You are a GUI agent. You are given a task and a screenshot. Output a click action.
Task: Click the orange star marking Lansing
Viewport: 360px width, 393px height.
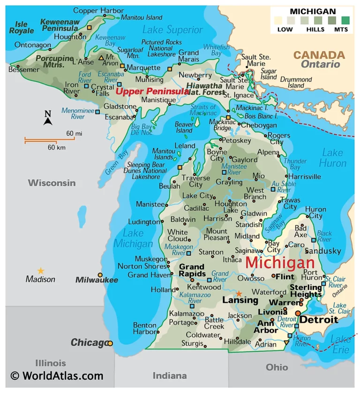[239, 293]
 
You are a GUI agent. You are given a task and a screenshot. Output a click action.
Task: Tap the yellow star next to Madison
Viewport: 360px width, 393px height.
[41, 270]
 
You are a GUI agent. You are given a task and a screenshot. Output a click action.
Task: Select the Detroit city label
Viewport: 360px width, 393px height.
[318, 320]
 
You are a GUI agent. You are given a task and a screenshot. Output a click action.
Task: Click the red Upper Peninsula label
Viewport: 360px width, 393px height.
[152, 91]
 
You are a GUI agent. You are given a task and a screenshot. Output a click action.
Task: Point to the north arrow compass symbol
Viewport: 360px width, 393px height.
[48, 118]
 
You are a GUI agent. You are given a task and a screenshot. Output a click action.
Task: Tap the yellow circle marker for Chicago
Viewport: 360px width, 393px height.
[110, 343]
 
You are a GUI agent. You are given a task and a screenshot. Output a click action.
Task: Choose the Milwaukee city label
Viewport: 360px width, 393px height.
[97, 280]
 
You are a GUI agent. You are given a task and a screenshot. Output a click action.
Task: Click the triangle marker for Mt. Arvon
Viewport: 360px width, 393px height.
[101, 58]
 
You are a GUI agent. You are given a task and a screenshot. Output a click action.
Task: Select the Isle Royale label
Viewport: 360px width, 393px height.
[22, 27]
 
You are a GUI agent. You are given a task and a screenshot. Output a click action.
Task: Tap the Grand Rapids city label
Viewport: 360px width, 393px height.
[192, 270]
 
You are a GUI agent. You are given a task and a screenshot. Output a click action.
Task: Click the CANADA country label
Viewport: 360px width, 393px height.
[319, 55]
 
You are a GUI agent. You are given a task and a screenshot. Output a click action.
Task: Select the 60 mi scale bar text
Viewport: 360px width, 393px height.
[74, 133]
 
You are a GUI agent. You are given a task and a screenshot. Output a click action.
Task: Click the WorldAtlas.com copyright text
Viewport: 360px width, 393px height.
[57, 376]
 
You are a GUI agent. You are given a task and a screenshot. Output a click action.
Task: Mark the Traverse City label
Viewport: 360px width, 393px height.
[195, 181]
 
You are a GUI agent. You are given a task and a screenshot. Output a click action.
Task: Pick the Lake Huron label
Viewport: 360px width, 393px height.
[332, 158]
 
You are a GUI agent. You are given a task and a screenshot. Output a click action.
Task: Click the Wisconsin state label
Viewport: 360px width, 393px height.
[52, 183]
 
